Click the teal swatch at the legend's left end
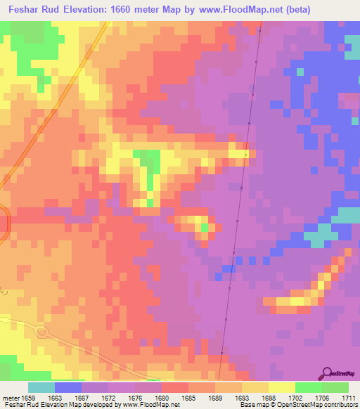(x=41, y=387)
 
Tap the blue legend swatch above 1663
(x=68, y=387)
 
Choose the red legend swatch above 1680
(x=175, y=387)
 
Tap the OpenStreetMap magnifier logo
(x=326, y=372)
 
